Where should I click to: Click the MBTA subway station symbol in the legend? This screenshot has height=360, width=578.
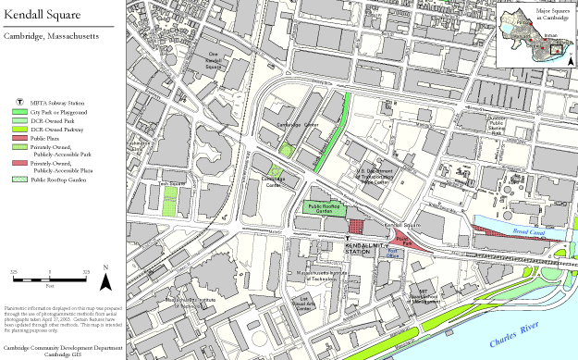click(x=19, y=100)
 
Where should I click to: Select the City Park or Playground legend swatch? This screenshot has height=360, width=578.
click(x=19, y=111)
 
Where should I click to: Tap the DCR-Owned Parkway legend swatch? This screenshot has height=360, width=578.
click(x=19, y=130)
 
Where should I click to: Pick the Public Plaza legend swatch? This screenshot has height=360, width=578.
click(x=19, y=139)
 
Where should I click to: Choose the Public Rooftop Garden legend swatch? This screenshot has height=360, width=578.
click(x=19, y=180)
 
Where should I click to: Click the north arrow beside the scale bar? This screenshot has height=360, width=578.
click(x=106, y=275)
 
